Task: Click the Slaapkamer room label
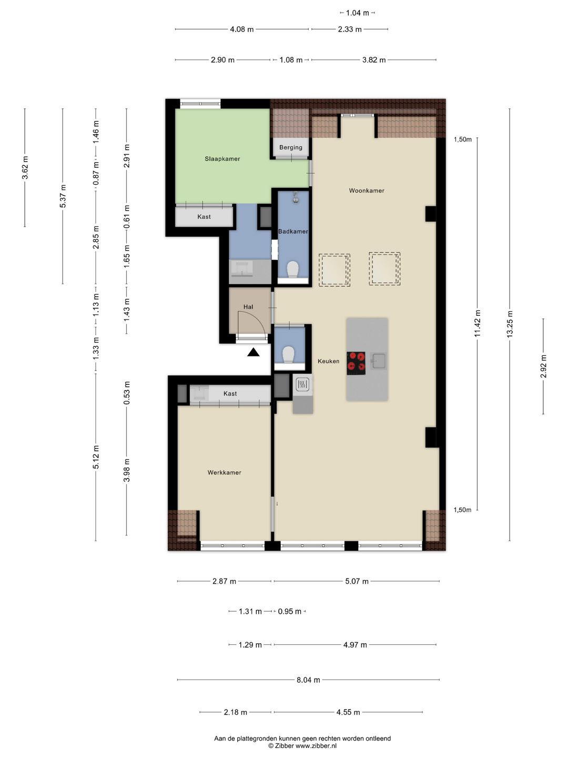click(x=222, y=159)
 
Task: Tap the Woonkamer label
click(x=366, y=190)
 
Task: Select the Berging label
click(x=291, y=147)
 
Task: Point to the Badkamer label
click(x=293, y=232)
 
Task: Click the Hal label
click(x=248, y=307)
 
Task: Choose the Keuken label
click(x=328, y=361)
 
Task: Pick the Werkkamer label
click(x=224, y=472)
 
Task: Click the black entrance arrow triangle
click(x=253, y=352)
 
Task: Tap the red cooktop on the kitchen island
click(x=356, y=363)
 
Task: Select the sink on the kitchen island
click(x=378, y=361)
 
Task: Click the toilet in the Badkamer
click(x=293, y=269)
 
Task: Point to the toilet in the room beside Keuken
click(x=288, y=355)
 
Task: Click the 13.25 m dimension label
click(x=510, y=324)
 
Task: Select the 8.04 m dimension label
click(x=308, y=680)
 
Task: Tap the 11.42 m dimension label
click(x=478, y=323)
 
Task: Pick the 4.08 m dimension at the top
click(x=242, y=29)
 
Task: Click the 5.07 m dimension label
click(x=357, y=581)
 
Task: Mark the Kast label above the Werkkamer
click(x=230, y=394)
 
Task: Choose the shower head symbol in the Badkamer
click(x=296, y=197)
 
